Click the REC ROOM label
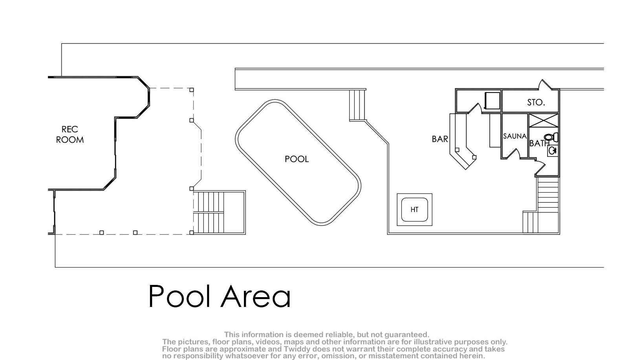pos(70,134)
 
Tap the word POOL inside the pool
pos(297,159)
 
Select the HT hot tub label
pos(414,209)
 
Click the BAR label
pos(440,139)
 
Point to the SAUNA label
pos(515,136)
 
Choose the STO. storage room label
pos(536,102)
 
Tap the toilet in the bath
pos(551,138)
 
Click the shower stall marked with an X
pos(544,120)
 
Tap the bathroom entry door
pos(540,167)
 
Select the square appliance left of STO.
pos(492,101)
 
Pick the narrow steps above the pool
pos(357,105)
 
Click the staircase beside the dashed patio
pos(219,212)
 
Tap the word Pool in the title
pos(181,296)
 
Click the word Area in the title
pos(256,296)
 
